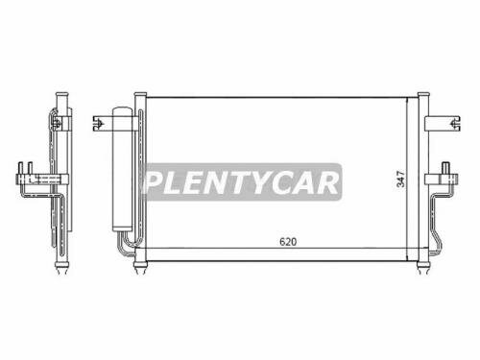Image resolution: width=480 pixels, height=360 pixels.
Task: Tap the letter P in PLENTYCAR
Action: pyautogui.click(x=154, y=183)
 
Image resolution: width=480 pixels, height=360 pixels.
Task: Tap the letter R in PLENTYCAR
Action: pyautogui.click(x=327, y=183)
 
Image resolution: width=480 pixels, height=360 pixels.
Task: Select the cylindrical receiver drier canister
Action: pyautogui.click(x=122, y=168)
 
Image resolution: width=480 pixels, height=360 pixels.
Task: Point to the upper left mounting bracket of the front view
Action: pyautogui.click(x=99, y=123)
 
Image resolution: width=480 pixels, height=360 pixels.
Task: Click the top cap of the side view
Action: pyautogui.click(x=64, y=92)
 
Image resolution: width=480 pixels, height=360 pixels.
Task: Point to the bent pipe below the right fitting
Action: pyautogui.click(x=440, y=216)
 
